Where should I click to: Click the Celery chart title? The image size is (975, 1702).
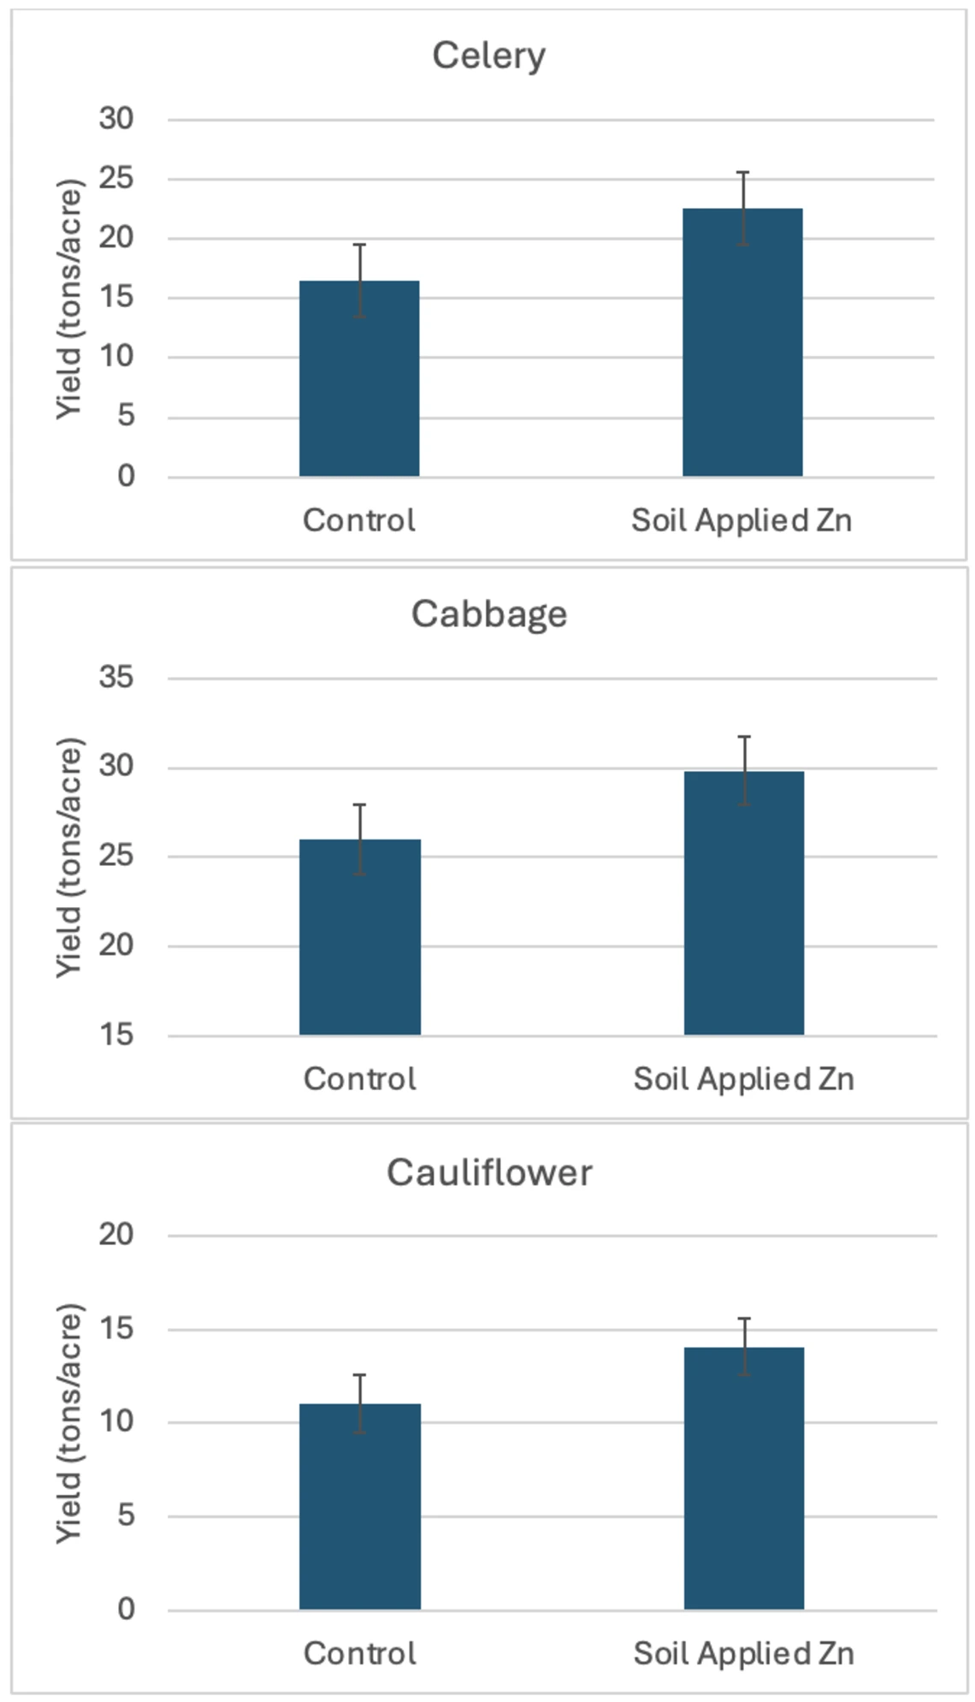click(x=488, y=56)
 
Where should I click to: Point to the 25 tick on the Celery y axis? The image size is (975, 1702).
click(x=116, y=179)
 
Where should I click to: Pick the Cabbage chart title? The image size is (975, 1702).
click(x=488, y=614)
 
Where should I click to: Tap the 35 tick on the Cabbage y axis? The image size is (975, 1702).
click(x=116, y=678)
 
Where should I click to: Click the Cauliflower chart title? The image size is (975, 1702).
click(x=488, y=1172)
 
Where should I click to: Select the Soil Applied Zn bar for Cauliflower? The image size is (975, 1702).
click(x=743, y=1480)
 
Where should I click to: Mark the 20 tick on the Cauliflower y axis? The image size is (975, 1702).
click(x=116, y=1235)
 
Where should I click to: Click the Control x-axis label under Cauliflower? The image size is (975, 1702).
click(x=359, y=1653)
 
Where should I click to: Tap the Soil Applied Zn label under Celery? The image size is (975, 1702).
click(x=742, y=520)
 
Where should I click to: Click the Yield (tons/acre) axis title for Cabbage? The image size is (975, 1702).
click(x=68, y=857)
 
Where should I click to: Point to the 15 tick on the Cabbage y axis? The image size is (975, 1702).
click(x=116, y=1035)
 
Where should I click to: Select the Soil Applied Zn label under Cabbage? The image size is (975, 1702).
click(x=743, y=1079)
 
